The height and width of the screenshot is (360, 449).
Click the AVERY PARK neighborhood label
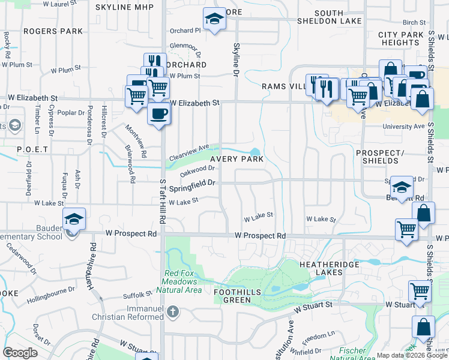pyautogui.click(x=236, y=159)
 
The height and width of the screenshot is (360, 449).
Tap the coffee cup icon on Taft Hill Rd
pyautogui.click(x=158, y=113)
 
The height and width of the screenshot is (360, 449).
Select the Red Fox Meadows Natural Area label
pyautogui.click(x=183, y=281)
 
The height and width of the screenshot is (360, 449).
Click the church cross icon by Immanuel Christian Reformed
pyautogui.click(x=173, y=311)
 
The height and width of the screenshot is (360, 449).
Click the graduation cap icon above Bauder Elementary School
pyautogui.click(x=74, y=219)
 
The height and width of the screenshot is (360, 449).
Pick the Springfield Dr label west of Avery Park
pyautogui.click(x=192, y=187)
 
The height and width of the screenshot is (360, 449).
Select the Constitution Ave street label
pyautogui.click(x=291, y=333)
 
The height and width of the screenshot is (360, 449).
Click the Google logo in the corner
pyautogui.click(x=20, y=353)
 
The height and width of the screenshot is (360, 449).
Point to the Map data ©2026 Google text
pyautogui.click(x=412, y=355)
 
